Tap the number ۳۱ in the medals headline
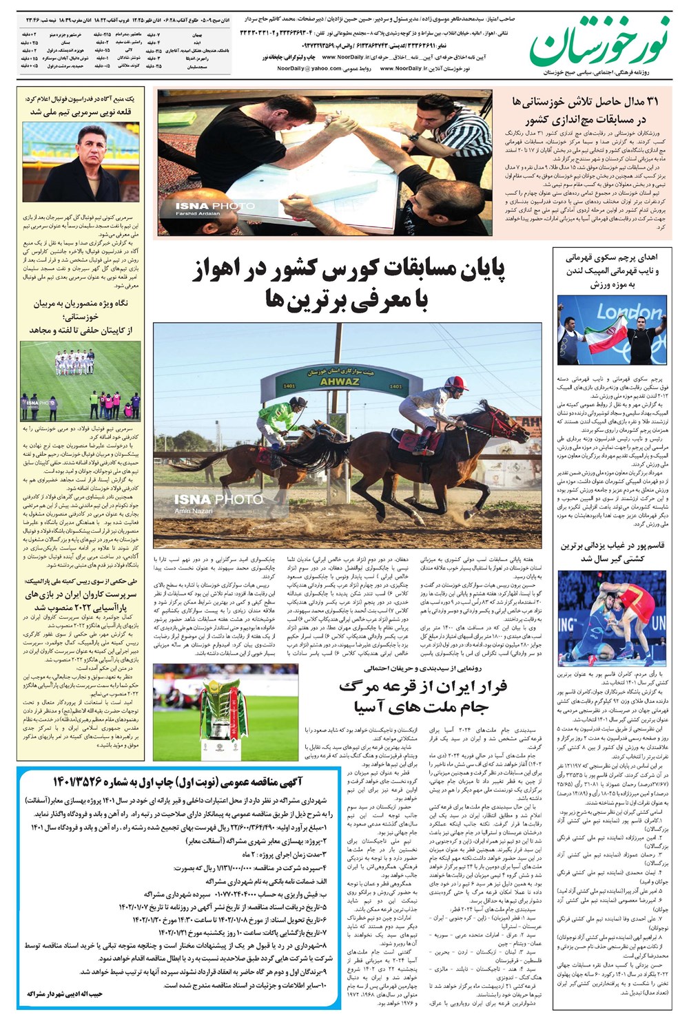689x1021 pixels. tap(650, 102)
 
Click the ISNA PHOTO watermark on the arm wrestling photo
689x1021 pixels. tap(214, 206)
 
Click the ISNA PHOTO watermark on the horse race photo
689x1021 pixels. tap(214, 499)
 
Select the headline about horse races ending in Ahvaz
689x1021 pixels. tap(348, 282)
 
